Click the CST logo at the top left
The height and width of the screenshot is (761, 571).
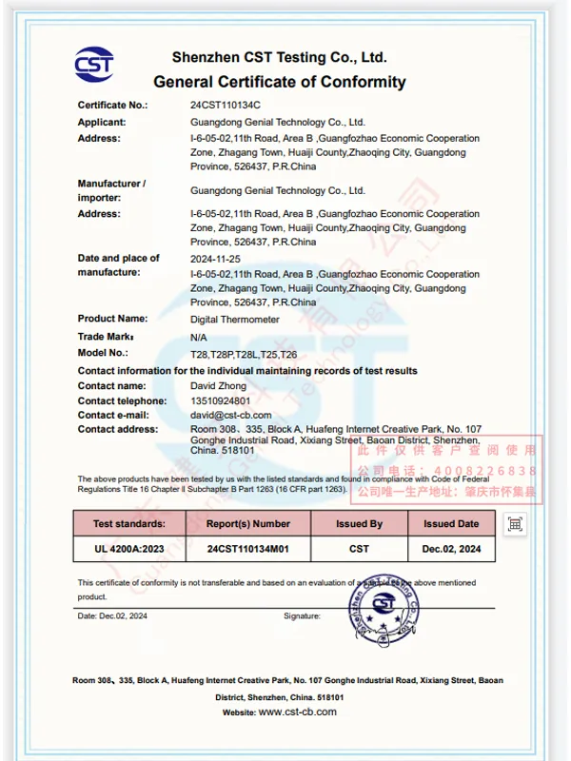[x=94, y=65]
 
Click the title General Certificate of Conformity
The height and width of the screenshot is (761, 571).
[x=280, y=82]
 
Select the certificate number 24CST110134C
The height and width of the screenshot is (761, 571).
[x=226, y=106]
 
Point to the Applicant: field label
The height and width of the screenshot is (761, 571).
[x=101, y=122]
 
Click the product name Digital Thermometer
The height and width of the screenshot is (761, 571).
[x=235, y=320]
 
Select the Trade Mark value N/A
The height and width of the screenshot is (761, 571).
[x=199, y=337]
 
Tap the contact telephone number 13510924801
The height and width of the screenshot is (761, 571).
[x=220, y=400]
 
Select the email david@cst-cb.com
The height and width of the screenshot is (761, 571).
[x=231, y=415]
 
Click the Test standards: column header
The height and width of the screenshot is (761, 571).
[x=128, y=523]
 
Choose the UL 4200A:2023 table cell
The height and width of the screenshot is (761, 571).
[x=128, y=549]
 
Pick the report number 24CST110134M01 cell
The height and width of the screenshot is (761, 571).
[x=248, y=549]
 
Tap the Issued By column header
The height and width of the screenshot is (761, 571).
[x=359, y=523]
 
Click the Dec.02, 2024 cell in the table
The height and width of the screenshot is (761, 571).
[x=451, y=549]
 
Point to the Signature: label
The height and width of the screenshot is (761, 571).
[x=302, y=616]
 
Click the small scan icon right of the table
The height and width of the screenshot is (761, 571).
[x=515, y=524]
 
